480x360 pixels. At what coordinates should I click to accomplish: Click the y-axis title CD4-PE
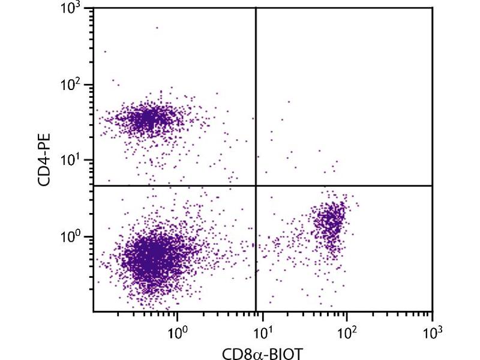[x=46, y=160]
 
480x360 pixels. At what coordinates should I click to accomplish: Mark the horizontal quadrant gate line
[x=360, y=185]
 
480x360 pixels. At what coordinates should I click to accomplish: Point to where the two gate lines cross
[x=256, y=185]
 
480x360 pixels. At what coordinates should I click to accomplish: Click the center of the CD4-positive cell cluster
[x=147, y=118]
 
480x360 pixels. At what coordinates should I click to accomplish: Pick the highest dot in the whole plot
[x=157, y=27]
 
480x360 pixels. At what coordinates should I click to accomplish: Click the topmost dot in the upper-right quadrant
[x=289, y=101]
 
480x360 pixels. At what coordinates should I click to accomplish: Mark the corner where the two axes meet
[x=94, y=311]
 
